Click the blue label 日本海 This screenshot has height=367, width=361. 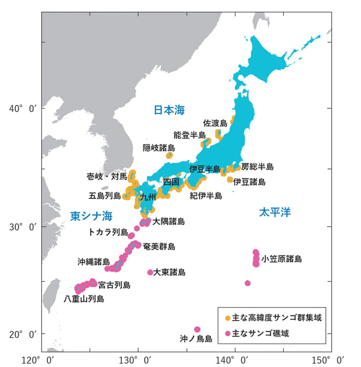[x=169, y=110]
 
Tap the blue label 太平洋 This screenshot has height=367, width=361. [x=275, y=212]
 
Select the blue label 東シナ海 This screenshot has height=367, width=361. [x=91, y=216]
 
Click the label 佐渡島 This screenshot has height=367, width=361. [x=215, y=123]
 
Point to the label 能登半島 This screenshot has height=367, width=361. [x=190, y=135]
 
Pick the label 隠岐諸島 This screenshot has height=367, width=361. [x=159, y=148]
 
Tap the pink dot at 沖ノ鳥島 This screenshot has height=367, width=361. [x=197, y=329]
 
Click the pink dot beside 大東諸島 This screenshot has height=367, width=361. [x=150, y=272]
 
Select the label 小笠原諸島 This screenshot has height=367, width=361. [x=281, y=259]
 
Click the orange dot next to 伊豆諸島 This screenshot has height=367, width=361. [x=230, y=180]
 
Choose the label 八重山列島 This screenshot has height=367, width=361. [x=84, y=299]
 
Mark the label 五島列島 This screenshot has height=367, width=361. [x=105, y=196]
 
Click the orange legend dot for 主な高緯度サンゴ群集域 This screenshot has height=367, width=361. [x=228, y=318]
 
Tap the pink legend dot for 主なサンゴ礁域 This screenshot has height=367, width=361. [x=228, y=333]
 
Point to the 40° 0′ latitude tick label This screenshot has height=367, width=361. [x=23, y=108]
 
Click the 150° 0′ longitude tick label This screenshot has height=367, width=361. [x=328, y=360]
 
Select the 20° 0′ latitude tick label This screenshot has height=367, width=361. [x=23, y=334]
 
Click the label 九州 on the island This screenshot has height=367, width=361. [x=148, y=197]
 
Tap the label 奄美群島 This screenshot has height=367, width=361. [x=159, y=246]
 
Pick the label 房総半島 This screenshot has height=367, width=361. [x=257, y=167]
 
